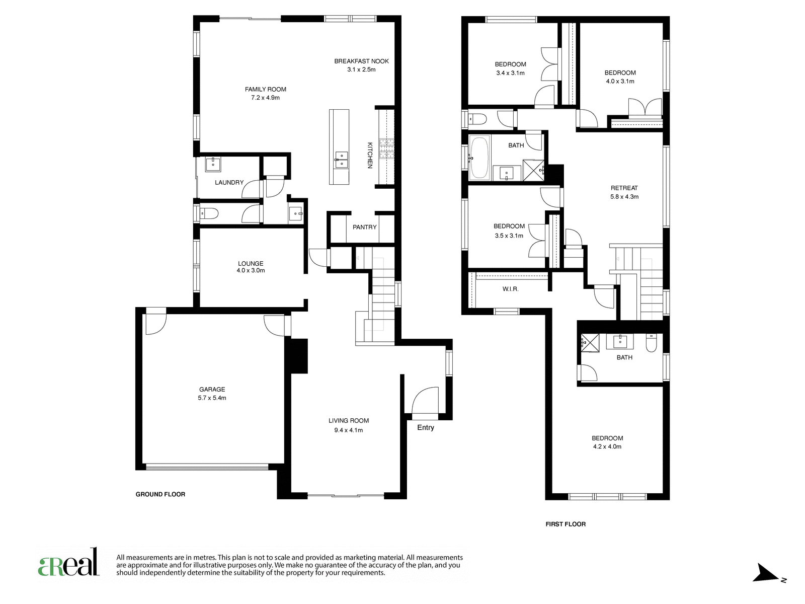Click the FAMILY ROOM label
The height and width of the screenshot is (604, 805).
point(265,89)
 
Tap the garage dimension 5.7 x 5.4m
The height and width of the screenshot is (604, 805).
point(212,398)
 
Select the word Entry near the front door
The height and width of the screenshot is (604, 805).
point(426,428)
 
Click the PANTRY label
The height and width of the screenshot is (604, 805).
point(364,228)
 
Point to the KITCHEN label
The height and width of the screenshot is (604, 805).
point(370,155)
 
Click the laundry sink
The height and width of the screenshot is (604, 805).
point(213,164)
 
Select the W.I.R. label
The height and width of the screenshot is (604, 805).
point(511,289)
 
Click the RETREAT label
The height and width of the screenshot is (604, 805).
point(624,188)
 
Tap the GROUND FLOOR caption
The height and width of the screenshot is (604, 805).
point(160,494)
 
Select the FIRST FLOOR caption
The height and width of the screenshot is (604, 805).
point(566,524)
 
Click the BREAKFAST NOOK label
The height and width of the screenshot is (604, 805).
point(361,61)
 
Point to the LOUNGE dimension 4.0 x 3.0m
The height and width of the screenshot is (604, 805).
point(251,271)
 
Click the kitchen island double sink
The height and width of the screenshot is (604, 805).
point(341,160)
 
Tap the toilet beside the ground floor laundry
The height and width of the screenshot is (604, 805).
point(209,213)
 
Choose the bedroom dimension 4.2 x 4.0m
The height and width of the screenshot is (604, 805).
point(607,446)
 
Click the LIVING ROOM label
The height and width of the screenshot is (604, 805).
point(348,421)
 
